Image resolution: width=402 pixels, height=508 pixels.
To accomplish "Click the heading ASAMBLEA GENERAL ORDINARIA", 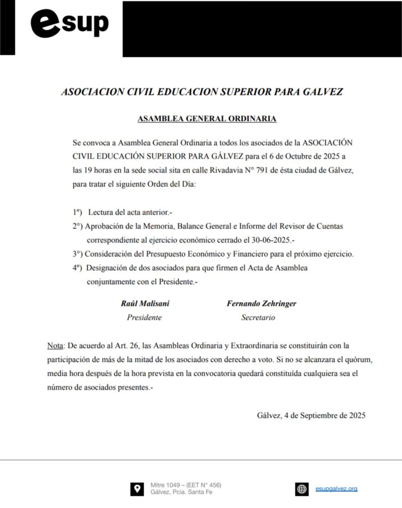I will click(x=207, y=119).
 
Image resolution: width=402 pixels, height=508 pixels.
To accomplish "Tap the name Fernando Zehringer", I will click(x=261, y=304).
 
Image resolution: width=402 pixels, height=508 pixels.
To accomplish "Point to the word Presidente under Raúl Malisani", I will click(x=144, y=317).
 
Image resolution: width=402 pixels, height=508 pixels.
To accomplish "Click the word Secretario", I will click(x=258, y=317).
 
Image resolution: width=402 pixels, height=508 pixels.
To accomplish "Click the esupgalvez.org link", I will click(x=336, y=489).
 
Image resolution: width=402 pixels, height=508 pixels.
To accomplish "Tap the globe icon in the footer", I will click(x=302, y=489).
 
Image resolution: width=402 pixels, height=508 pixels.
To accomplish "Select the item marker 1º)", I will click(x=77, y=212).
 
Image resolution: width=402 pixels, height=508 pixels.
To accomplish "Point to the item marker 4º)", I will click(x=78, y=268).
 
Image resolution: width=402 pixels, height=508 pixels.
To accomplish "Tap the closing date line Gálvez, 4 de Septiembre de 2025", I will click(x=312, y=416).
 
